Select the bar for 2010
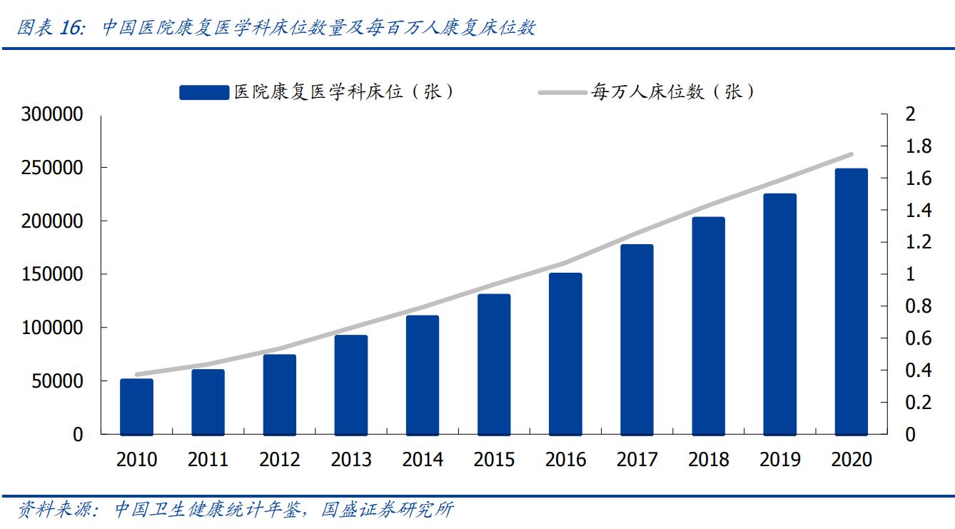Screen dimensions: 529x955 point(136,407)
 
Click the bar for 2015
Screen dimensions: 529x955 point(494,364)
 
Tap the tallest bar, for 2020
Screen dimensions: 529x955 point(851,301)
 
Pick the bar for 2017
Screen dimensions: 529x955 point(637,340)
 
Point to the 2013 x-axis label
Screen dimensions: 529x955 point(351,459)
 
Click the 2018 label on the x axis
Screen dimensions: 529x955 point(709,459)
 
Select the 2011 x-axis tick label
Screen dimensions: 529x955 point(208,459)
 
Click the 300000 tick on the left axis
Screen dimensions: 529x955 point(52,115)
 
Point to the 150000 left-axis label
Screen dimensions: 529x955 point(52,275)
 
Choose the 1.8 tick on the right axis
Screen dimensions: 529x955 point(918,146)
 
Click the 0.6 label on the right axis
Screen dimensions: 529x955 point(918,338)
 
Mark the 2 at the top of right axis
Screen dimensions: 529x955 point(910,115)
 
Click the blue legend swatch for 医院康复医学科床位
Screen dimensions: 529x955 point(203,93)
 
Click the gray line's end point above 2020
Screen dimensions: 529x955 point(851,154)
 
